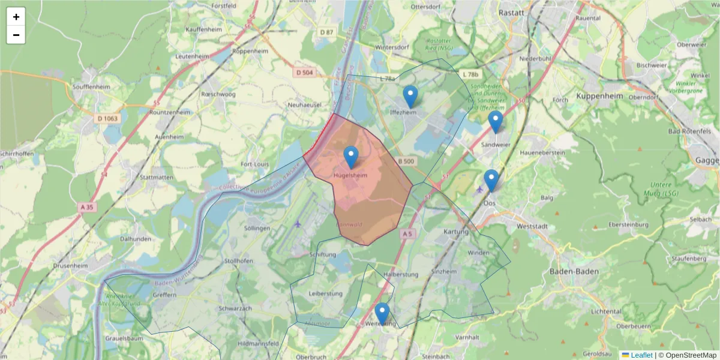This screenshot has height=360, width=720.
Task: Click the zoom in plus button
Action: [x=16, y=17]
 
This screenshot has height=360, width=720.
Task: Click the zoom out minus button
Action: [x=16, y=35]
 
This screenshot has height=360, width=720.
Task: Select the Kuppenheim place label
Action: [x=599, y=96]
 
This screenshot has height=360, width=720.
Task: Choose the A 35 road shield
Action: [x=88, y=207]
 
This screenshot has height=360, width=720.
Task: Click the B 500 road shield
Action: [x=406, y=161]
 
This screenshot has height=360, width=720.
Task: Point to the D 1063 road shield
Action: [x=107, y=118]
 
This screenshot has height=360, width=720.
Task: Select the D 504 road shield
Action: [x=305, y=73]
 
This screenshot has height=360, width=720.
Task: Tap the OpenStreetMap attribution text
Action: [x=686, y=355]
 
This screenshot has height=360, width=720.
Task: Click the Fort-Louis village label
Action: [x=254, y=164]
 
